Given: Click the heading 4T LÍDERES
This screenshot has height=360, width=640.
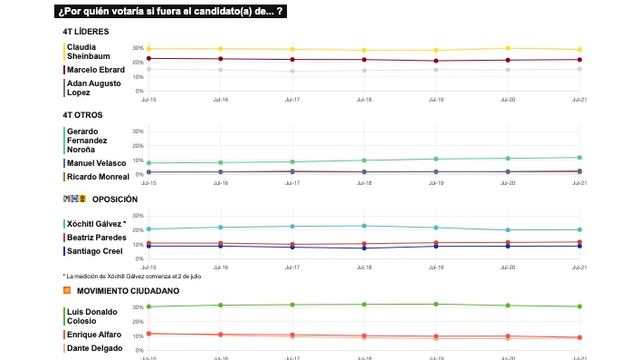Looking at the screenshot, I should click(x=84, y=32).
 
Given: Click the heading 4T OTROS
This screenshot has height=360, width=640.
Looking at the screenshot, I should click(x=81, y=115).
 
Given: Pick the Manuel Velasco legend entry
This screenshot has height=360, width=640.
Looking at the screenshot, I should click(x=95, y=162).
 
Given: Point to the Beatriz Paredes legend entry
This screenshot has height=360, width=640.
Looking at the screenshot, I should click(x=96, y=237).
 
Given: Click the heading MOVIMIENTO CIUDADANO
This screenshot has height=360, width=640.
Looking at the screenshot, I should click(x=129, y=291).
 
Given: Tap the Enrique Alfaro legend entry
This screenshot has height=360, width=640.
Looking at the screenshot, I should click(x=93, y=333).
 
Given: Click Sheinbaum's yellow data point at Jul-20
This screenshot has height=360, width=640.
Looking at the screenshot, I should click(x=508, y=48).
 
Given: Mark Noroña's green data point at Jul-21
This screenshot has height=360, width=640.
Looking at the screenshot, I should click(x=579, y=157).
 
